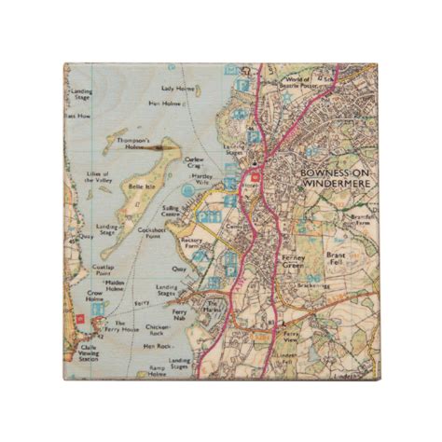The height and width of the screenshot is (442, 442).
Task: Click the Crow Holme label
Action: [x=94, y=296]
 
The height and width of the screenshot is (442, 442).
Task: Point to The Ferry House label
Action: [x=120, y=324]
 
